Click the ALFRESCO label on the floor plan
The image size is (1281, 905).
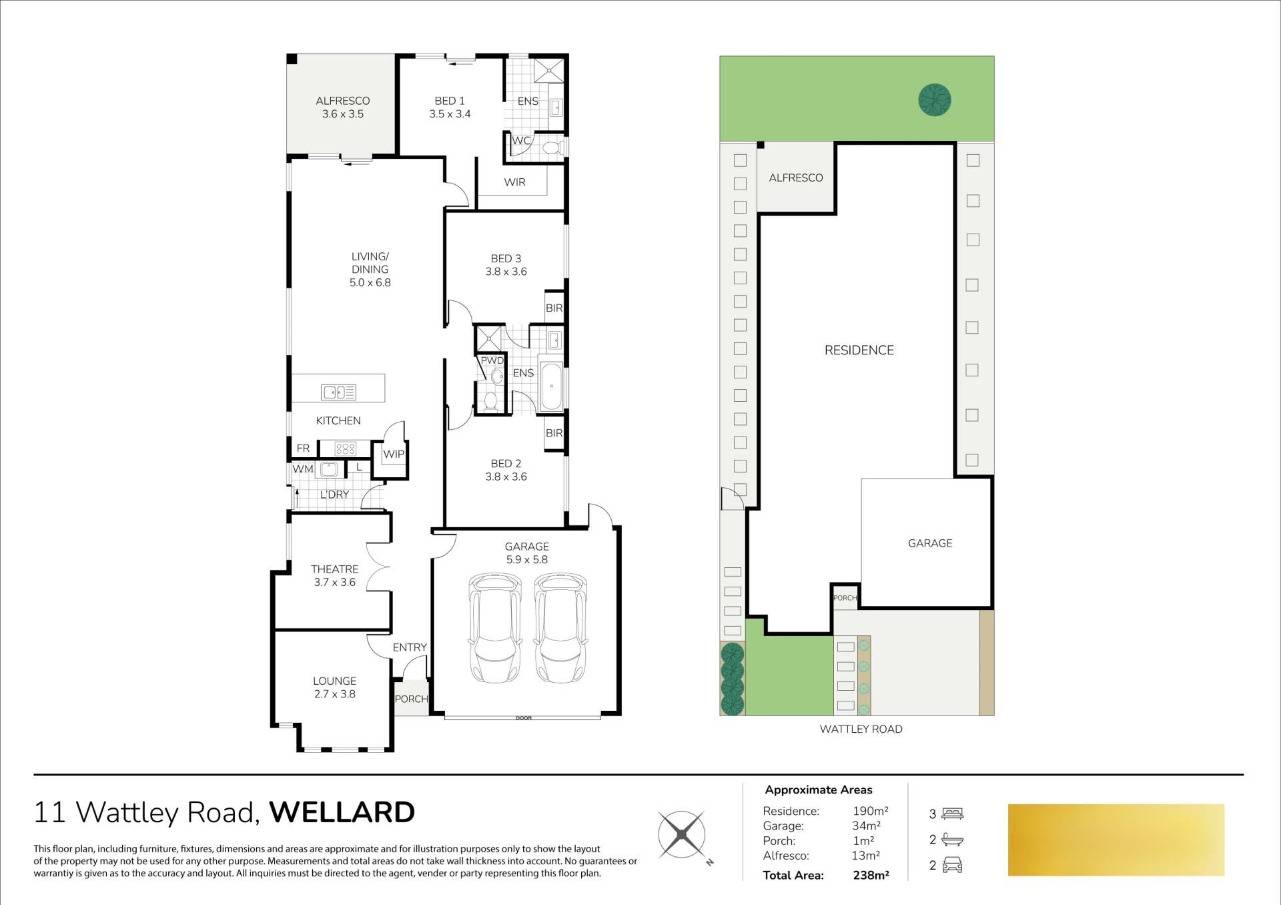click(x=343, y=101)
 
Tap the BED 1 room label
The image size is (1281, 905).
click(x=450, y=101)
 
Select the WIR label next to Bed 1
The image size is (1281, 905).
click(x=514, y=182)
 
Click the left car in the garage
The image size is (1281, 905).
click(x=494, y=628)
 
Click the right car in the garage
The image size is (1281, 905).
click(x=560, y=628)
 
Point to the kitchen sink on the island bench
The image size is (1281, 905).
click(x=338, y=392)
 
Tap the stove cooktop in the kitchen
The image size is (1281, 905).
click(x=345, y=448)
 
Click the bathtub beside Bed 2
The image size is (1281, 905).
click(x=552, y=386)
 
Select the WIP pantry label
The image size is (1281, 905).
click(x=393, y=454)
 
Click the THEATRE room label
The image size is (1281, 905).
click(x=334, y=569)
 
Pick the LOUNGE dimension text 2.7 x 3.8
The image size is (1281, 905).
click(x=334, y=694)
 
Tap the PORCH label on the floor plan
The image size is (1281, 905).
click(x=411, y=699)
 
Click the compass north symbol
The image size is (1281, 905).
click(x=682, y=835)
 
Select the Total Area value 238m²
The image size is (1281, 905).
click(x=871, y=875)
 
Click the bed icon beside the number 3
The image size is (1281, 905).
click(x=953, y=814)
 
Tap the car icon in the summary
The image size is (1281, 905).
click(x=952, y=866)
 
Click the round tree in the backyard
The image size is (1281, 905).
click(x=935, y=100)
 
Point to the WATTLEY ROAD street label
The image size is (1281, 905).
click(x=861, y=729)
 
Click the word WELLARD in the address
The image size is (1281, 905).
click(x=342, y=812)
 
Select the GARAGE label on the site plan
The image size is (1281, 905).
click(x=930, y=543)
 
